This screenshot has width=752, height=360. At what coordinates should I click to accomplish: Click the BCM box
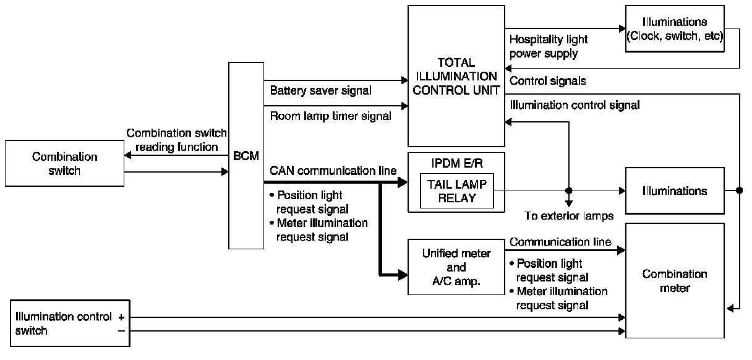[x=246, y=155]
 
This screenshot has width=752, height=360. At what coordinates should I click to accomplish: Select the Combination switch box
[x=64, y=163]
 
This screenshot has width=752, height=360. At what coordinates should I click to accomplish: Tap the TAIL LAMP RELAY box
[x=457, y=191]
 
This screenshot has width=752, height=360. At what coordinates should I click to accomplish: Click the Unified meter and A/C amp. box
[x=456, y=267]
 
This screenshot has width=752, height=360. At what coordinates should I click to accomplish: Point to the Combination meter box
[x=675, y=280]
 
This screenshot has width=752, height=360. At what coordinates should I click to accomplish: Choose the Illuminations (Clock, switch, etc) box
[x=675, y=28]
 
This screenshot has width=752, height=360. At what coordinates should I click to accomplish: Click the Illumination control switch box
[x=70, y=323]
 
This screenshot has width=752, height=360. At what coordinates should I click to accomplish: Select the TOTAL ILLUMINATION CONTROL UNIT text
[x=456, y=76]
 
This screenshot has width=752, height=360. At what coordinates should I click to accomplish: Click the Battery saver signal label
[x=320, y=90]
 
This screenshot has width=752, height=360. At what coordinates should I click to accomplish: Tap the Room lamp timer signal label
[x=331, y=116]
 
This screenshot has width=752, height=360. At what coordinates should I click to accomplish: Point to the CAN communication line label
[x=333, y=171]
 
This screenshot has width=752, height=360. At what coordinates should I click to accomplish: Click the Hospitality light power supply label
[x=549, y=46]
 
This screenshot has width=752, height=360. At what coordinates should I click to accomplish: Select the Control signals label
[x=547, y=80]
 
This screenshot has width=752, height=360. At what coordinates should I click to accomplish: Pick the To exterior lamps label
[x=569, y=216]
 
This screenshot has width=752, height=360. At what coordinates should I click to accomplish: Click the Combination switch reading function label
[x=177, y=140]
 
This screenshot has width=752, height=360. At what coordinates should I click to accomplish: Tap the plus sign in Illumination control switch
[x=121, y=317]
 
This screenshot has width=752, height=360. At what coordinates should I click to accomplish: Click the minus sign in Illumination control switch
[x=121, y=331]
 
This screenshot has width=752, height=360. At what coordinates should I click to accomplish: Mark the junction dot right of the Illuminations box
[x=739, y=191]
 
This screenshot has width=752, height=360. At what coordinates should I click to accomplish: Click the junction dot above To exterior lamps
[x=569, y=191]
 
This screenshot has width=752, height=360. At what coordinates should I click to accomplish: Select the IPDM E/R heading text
[x=457, y=163]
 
